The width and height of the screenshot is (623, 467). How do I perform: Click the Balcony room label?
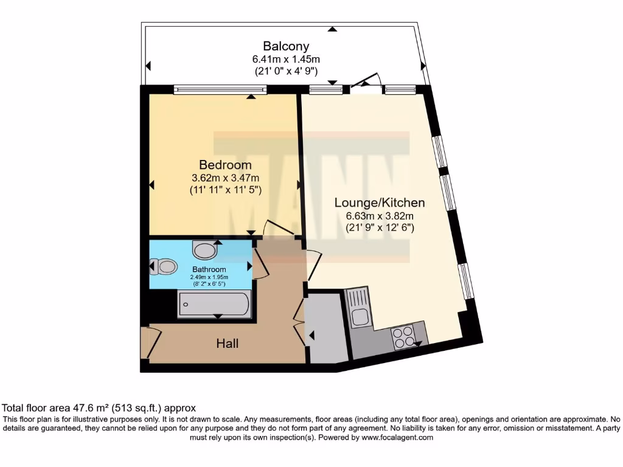pos(286,46)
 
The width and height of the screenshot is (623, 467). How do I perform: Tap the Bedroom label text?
pos(225,165)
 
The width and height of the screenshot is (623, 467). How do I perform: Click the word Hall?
pos(228,344)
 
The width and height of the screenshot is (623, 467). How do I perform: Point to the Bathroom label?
pos(209,269)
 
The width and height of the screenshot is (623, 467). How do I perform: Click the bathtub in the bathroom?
pos(214,304)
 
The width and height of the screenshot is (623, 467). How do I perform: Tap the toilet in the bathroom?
pos(163,266)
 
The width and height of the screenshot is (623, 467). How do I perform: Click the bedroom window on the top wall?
pos(220,90)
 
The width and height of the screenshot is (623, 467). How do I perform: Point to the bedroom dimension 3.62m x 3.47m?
pos(225,178)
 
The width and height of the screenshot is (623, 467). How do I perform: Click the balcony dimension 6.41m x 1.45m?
pos(286,59)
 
